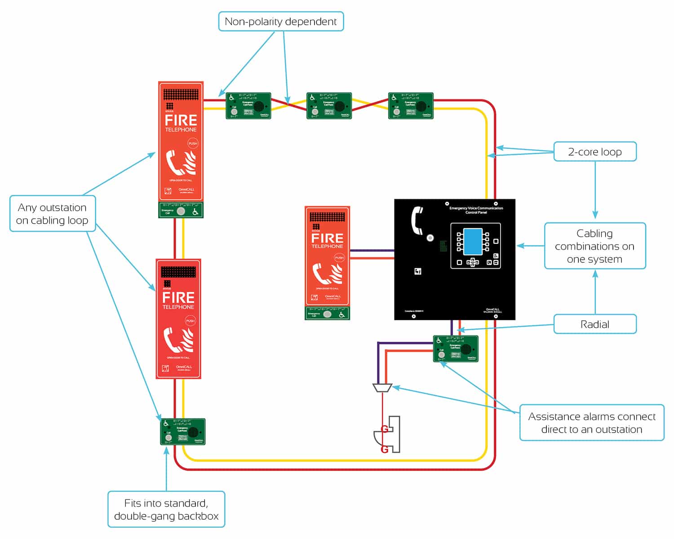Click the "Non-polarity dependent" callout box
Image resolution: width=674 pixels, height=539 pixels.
point(281,22)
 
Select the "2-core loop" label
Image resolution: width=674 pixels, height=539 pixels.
point(594,152)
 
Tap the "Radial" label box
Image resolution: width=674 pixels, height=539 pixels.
point(594,324)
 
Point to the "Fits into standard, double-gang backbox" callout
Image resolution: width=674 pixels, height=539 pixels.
point(166,509)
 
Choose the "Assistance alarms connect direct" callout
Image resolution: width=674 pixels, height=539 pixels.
point(591,423)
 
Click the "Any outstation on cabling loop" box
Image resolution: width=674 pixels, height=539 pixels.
point(52,214)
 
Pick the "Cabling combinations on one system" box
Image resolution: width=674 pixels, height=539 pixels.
point(594,246)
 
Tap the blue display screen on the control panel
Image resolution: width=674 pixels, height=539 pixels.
point(472,241)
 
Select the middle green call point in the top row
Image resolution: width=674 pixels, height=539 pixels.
point(329,106)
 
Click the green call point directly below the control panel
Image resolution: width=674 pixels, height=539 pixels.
point(455,349)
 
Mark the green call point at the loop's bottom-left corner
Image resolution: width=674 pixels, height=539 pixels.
point(182,432)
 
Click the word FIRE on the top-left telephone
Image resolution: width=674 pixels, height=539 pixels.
point(181,120)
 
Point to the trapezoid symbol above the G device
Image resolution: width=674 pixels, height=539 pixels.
point(382,388)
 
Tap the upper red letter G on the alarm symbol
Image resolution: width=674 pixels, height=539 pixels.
point(385,429)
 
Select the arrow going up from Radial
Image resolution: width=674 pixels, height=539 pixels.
point(595,292)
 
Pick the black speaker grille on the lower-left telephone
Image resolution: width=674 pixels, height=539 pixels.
point(178,272)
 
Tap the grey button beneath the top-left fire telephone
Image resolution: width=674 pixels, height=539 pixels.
point(181,211)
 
